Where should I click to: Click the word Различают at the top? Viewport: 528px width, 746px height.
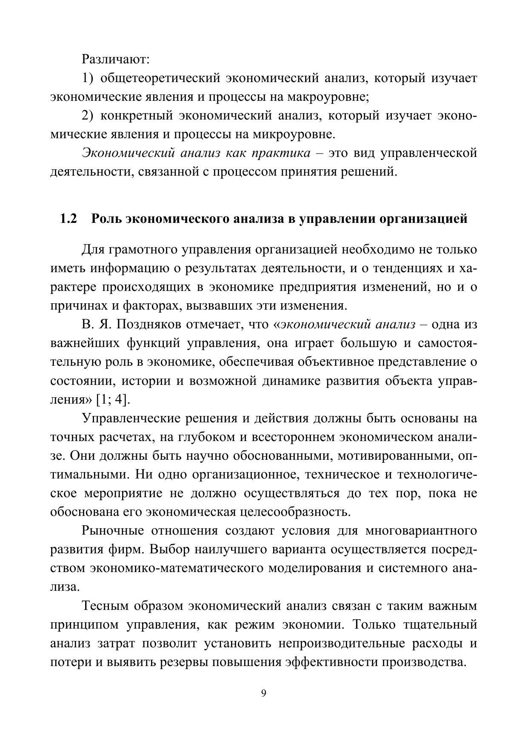pos(115,59)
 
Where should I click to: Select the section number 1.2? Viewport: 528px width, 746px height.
pos(68,219)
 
